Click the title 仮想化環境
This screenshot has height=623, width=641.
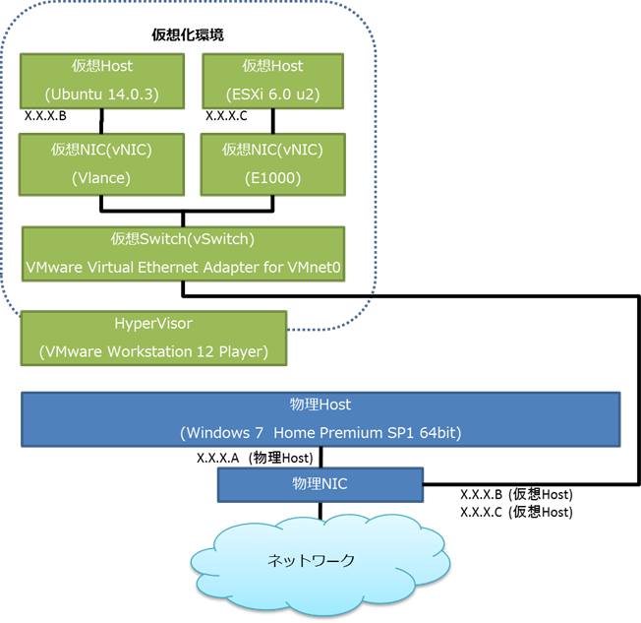(187, 34)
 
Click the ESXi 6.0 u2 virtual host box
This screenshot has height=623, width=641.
(271, 80)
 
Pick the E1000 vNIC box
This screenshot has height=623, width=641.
(271, 163)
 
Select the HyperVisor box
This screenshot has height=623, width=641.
(153, 337)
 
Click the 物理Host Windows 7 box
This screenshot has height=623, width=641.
(320, 417)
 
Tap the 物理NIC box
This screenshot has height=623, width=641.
(320, 484)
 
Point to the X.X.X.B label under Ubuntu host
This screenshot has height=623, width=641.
(45, 116)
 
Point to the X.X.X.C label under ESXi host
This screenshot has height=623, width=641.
(226, 116)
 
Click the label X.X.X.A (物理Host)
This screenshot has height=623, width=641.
(255, 457)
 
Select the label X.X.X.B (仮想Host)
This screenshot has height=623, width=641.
(516, 494)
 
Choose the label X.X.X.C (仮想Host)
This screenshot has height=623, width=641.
(516, 512)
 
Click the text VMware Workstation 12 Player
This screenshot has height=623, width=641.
(153, 351)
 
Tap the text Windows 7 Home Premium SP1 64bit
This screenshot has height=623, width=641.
(320, 432)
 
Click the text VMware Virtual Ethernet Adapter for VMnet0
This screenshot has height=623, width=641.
(183, 267)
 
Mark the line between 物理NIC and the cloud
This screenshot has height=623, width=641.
(320, 510)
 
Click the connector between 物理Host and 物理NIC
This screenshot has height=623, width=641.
(320, 456)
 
